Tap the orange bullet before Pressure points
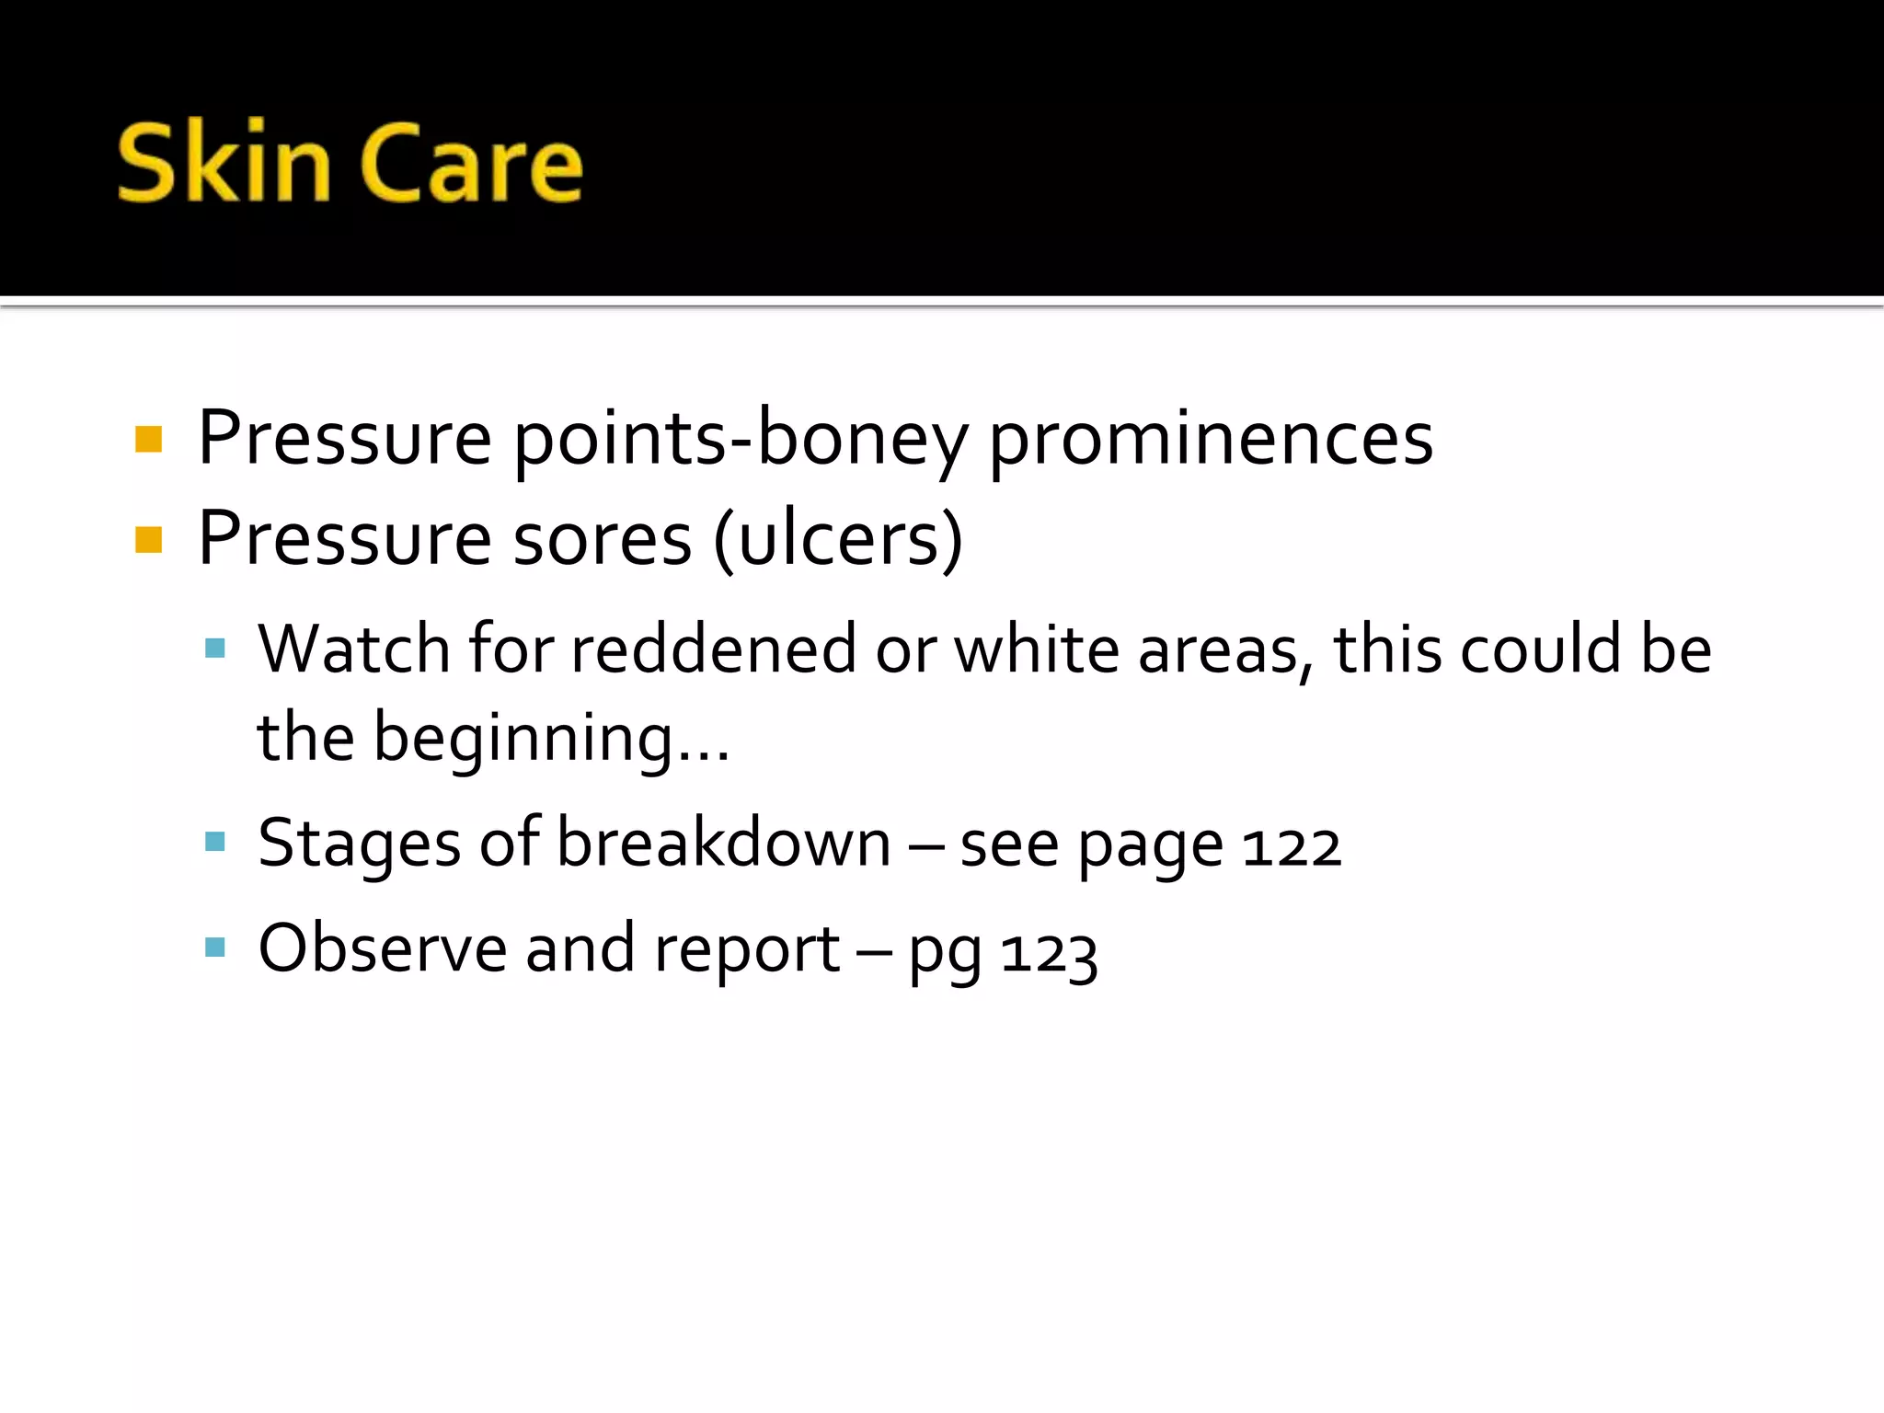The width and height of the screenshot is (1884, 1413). (148, 439)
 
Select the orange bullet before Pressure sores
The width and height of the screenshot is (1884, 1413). (148, 539)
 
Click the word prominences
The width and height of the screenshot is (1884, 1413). (1211, 439)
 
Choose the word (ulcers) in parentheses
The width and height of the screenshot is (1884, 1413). (838, 539)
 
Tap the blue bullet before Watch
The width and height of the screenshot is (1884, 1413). (215, 649)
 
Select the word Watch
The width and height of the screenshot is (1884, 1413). (353, 649)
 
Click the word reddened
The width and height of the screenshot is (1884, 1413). (714, 649)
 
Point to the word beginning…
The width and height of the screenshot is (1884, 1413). (552, 740)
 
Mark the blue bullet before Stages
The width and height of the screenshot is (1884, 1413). (215, 842)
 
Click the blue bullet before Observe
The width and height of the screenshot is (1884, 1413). (215, 947)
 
